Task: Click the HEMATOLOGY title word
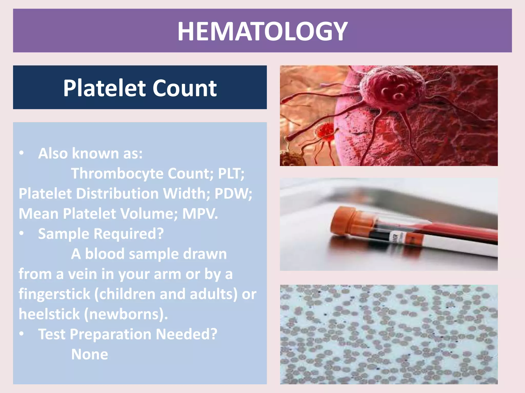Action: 262,31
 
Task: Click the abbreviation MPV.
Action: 200,214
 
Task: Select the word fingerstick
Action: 54,294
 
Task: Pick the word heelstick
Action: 49,314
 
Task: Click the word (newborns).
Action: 126,314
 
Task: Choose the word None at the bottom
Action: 89,354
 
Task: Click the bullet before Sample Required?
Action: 22,233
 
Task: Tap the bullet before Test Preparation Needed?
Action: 22,334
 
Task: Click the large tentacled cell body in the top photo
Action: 392,90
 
